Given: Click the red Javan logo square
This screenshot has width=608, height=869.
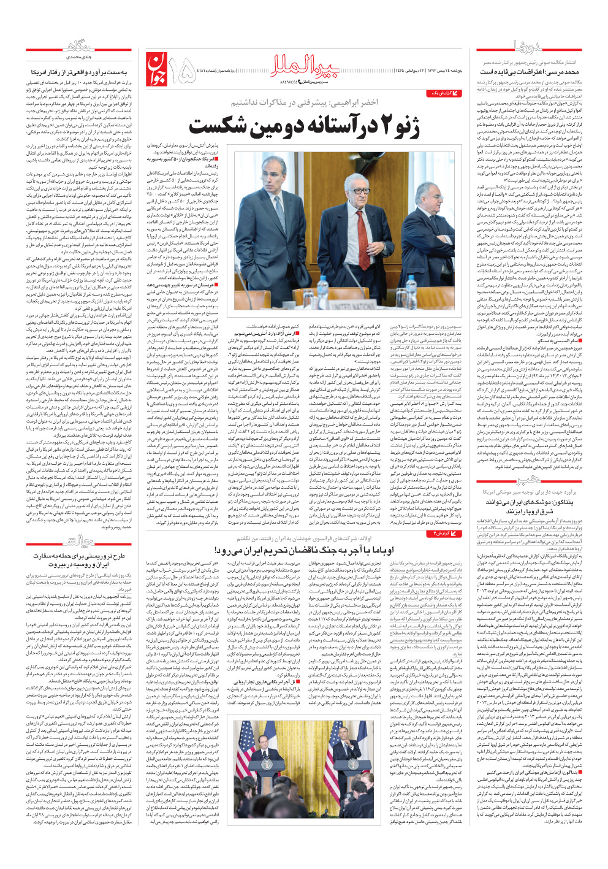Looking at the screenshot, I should pyautogui.click(x=156, y=70).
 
